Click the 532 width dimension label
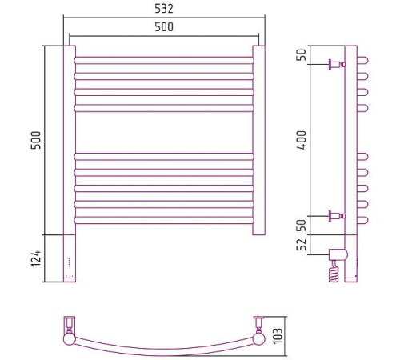[x=164, y=9]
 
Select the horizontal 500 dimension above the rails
[x=164, y=27]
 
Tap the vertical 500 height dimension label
[x=36, y=140]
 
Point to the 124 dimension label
[x=36, y=258]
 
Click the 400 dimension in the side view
[x=302, y=140]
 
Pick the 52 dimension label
[x=302, y=245]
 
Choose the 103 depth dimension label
[x=278, y=336]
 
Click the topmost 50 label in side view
[x=302, y=55]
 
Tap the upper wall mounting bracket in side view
[x=337, y=65]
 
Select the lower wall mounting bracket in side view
[x=337, y=216]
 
